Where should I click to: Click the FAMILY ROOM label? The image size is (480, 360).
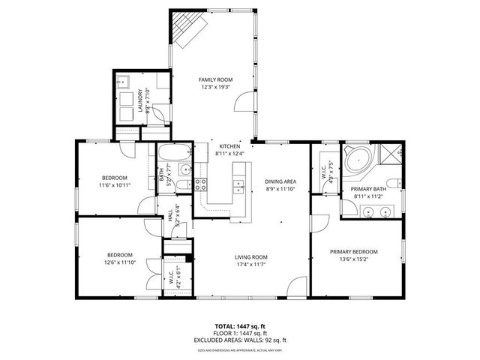(215, 79)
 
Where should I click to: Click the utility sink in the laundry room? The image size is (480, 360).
(125, 82)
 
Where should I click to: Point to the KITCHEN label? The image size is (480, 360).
(229, 146)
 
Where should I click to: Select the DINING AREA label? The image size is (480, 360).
(280, 181)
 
